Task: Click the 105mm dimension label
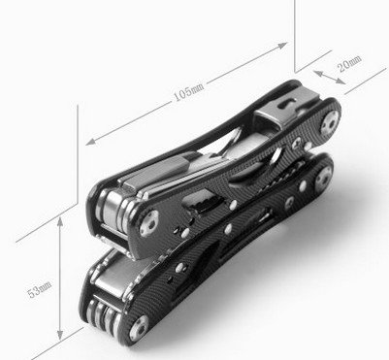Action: pos(189,91)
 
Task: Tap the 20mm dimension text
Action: pos(349,63)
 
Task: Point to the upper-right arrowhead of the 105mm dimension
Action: pos(282,46)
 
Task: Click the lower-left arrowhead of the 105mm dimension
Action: pos(91,142)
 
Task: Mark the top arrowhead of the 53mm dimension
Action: pos(60,222)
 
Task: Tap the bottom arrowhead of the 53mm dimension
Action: pos(60,334)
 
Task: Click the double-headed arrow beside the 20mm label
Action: pos(330,78)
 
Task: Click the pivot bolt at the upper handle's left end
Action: pos(149,223)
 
